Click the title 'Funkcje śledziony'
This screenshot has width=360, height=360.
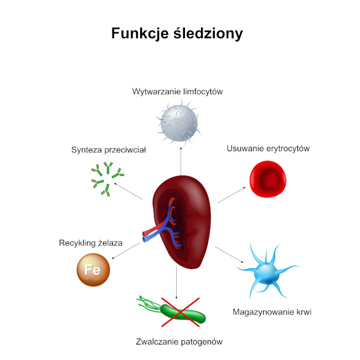[177, 33]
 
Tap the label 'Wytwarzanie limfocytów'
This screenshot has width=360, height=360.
[177, 91]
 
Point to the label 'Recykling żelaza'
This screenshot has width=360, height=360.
[90, 243]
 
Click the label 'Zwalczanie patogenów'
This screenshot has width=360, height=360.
[179, 342]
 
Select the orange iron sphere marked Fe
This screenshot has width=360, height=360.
[93, 270]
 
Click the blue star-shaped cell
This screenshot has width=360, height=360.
[266, 271]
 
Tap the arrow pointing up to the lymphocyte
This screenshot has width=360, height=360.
[181, 161]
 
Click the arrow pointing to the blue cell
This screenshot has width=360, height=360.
[229, 254]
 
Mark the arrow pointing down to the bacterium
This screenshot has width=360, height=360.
[177, 282]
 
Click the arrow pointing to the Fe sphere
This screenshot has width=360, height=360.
[126, 251]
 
